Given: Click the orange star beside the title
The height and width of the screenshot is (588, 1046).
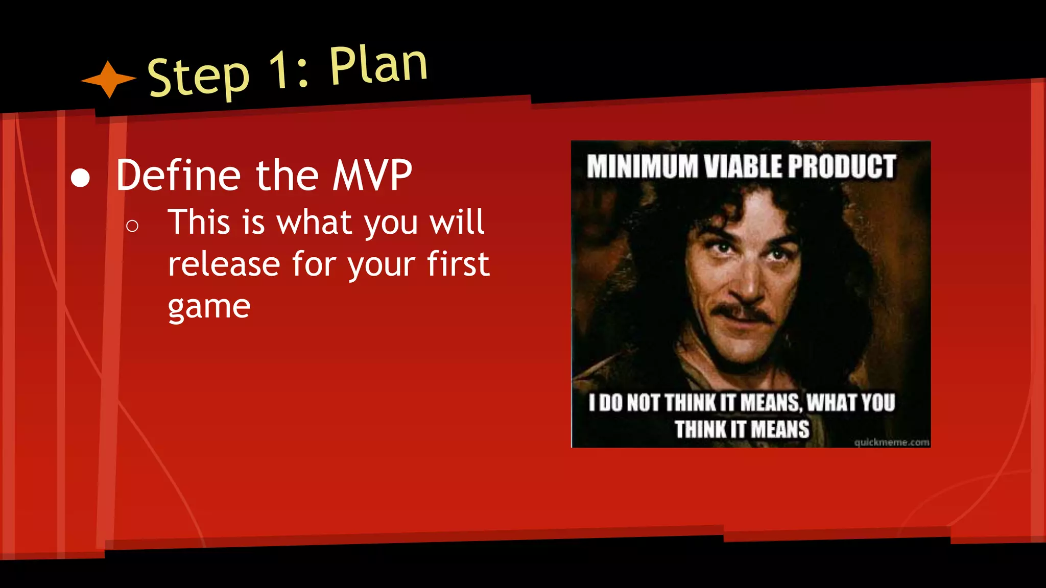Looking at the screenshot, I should (109, 79).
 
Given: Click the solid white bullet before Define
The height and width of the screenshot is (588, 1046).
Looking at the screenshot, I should (80, 178).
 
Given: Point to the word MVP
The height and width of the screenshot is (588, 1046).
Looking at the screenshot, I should (372, 175).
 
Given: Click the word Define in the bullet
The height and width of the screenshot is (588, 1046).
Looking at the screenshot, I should (178, 175).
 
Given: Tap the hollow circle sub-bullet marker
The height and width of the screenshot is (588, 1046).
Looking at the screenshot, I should (132, 226).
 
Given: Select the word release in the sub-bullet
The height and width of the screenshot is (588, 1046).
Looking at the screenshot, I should (224, 264).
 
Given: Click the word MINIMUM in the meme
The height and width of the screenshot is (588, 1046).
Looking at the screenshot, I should (642, 166).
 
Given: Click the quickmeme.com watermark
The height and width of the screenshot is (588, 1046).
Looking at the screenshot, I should (891, 442).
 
